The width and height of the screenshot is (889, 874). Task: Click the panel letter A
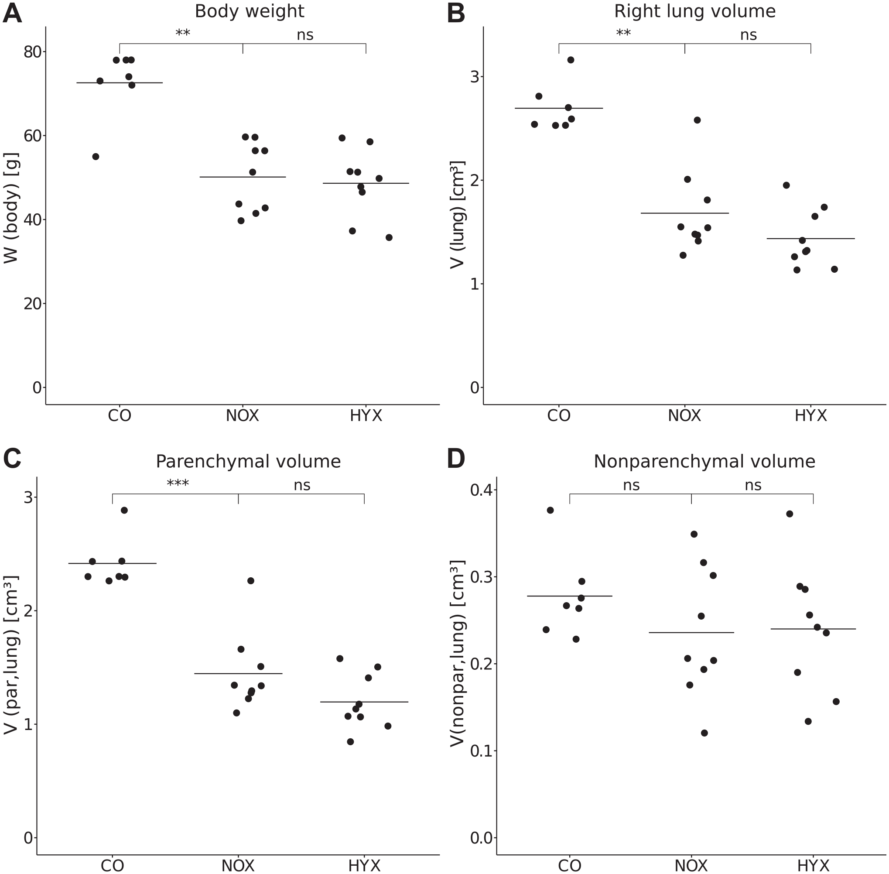tap(12, 14)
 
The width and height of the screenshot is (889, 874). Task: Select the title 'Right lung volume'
tap(694, 11)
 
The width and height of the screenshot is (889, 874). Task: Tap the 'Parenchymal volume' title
tap(248, 461)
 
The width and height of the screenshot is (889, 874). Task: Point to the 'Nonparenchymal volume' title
tap(704, 461)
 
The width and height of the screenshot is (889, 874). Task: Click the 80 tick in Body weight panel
tap(33, 51)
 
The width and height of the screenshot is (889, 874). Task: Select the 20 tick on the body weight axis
tap(33, 303)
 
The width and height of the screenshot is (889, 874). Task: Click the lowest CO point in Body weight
tap(96, 157)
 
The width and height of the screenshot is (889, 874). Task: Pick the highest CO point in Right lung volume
tap(571, 60)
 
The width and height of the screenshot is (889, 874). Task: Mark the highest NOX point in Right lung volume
tap(697, 120)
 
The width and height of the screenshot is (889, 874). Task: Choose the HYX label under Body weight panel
tap(366, 416)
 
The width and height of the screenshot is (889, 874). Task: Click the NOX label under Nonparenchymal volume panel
tap(691, 866)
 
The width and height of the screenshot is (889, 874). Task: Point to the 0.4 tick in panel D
tap(482, 490)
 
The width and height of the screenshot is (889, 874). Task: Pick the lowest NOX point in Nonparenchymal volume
tap(704, 733)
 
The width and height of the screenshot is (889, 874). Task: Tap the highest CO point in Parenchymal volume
tap(124, 511)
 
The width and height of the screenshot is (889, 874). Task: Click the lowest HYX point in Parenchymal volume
tap(351, 742)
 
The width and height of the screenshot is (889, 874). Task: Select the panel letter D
tap(456, 459)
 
